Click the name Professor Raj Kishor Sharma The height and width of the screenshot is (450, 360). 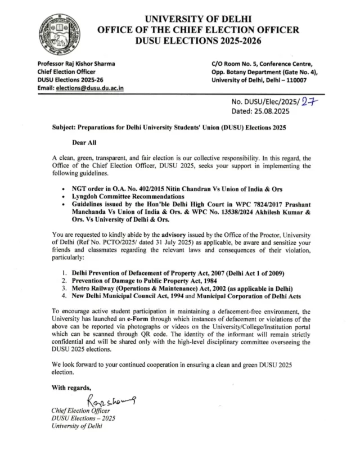tap(76, 64)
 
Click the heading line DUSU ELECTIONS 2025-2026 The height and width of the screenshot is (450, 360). tap(198, 41)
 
